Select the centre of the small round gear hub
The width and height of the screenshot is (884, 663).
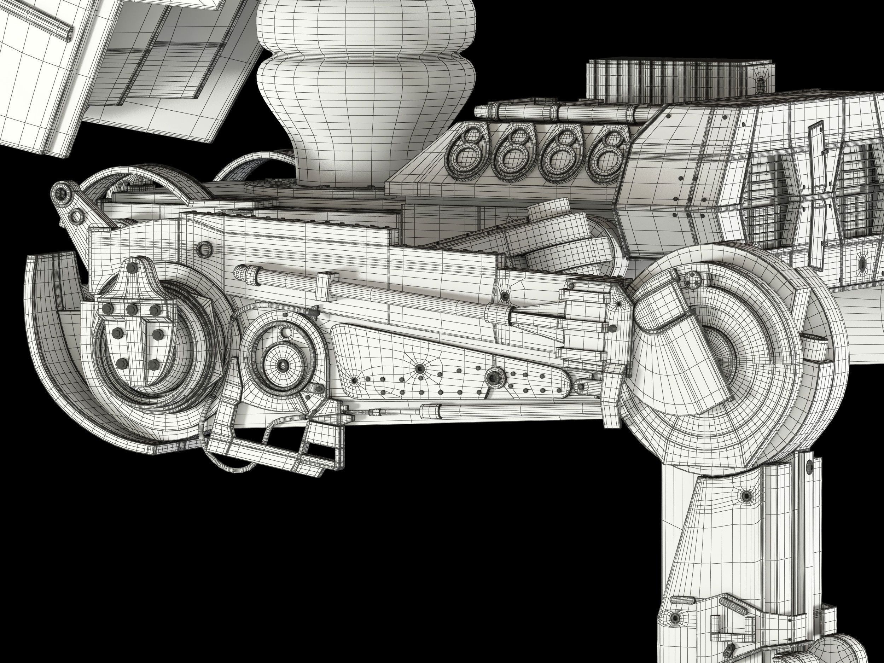coord(283,365)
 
